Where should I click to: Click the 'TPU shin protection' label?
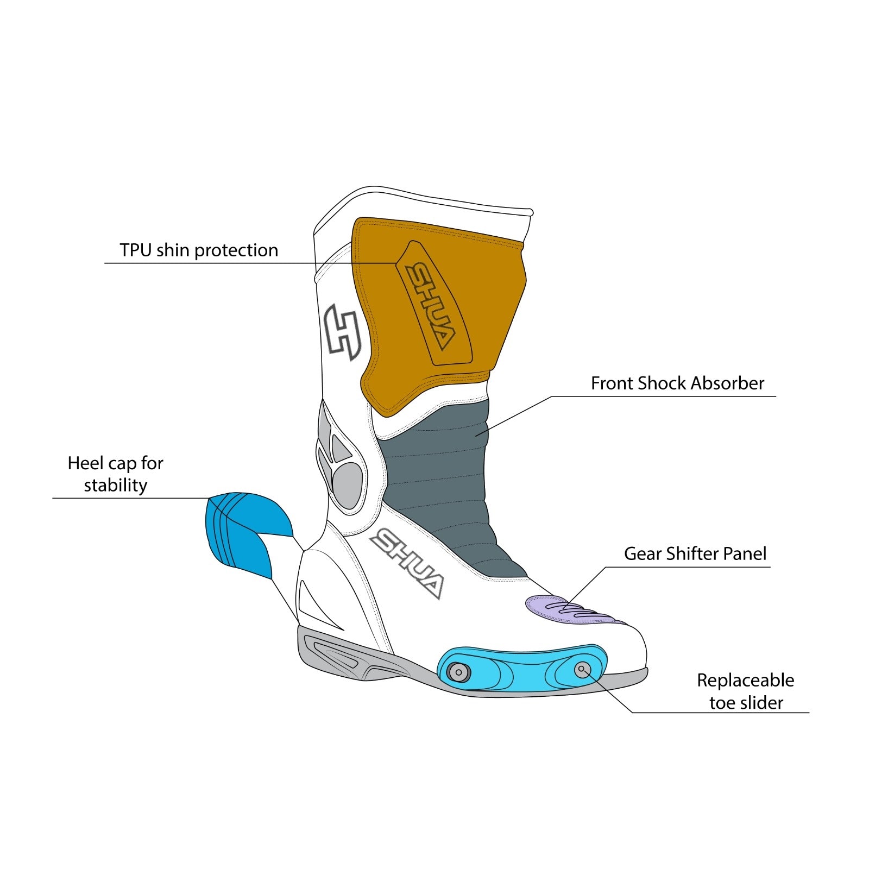tap(199, 250)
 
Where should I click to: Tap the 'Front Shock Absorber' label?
tap(677, 383)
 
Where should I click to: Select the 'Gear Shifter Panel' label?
tap(695, 554)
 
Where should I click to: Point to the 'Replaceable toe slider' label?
tap(746, 691)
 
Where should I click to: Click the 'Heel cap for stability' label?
tap(115, 474)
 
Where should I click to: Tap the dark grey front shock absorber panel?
tap(440, 489)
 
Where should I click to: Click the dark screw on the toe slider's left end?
tap(458, 672)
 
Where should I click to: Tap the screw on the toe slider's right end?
tap(582, 669)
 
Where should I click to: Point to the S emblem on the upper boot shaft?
tap(342, 332)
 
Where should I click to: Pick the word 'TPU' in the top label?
tap(136, 250)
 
